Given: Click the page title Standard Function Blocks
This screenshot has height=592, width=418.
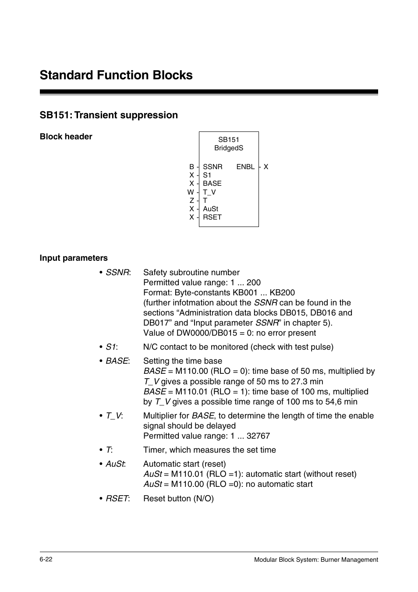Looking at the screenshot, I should click(x=116, y=75).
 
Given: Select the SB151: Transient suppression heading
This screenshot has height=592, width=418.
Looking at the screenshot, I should click(x=109, y=115).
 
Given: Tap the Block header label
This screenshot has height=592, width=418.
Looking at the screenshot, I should click(x=66, y=137).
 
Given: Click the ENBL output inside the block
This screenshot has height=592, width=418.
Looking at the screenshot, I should click(x=245, y=167).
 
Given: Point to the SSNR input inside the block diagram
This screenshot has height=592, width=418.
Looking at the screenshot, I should click(x=213, y=167).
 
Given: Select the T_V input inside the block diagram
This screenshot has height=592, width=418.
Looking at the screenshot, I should click(x=209, y=192).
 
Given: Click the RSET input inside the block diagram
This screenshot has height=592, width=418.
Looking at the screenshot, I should click(x=212, y=217).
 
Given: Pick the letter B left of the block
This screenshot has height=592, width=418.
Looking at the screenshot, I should click(x=191, y=167).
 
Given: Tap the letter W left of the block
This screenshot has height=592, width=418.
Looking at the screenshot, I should click(x=191, y=192).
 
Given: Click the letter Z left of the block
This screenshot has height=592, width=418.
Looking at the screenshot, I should click(x=191, y=200).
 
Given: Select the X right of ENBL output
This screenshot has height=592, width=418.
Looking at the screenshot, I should click(x=266, y=167).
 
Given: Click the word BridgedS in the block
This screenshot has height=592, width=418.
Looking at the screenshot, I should click(x=229, y=148).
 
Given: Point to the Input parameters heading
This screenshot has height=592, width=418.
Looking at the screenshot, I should click(x=74, y=258).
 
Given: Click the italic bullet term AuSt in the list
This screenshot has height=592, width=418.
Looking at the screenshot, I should click(x=115, y=464).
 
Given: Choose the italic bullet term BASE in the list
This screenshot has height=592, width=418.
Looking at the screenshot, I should click(x=117, y=361).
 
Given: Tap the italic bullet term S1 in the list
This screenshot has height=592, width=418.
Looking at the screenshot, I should click(x=111, y=347).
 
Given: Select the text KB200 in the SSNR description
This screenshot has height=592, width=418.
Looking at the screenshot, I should click(x=282, y=293).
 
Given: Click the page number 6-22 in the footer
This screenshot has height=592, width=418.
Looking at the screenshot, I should click(x=46, y=560).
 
